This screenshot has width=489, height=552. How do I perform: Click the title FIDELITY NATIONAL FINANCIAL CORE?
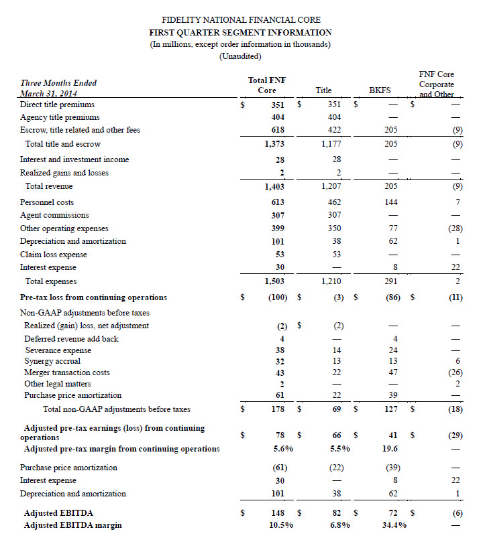[245, 20]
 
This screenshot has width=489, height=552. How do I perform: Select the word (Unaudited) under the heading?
[245, 56]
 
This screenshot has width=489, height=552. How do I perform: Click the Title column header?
[323, 90]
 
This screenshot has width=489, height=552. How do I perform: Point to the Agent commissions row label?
[54, 215]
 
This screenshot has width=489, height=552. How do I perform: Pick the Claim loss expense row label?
[54, 255]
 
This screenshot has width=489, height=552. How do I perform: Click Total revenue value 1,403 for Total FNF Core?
[276, 186]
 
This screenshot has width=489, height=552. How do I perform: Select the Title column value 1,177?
[331, 144]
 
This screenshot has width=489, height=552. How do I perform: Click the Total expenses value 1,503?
[276, 282]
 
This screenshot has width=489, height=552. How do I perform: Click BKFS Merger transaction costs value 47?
[392, 372]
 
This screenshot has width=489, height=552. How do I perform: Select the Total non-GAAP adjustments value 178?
[279, 409]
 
